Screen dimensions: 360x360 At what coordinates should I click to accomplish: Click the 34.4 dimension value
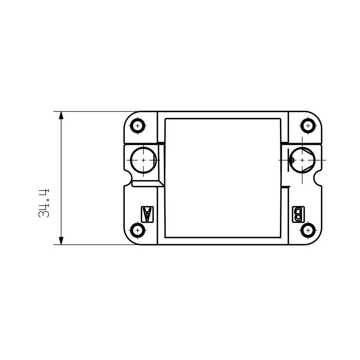pos(44,204)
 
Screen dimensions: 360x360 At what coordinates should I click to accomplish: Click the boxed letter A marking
pos(147,214)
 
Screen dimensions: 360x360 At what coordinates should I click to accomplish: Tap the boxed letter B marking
pos(298,214)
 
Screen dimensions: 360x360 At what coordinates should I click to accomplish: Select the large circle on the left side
pos(144,160)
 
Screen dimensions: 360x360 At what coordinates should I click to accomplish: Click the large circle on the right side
pos(301,160)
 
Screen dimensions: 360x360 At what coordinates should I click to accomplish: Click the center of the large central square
pos(222,178)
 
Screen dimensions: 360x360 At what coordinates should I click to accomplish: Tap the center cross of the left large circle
pos(144,160)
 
